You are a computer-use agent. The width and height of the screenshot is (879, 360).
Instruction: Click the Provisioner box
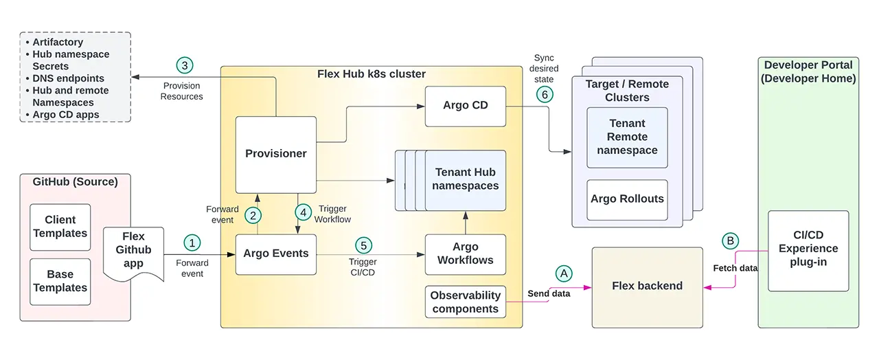[276, 155]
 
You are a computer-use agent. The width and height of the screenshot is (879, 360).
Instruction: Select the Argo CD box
[465, 106]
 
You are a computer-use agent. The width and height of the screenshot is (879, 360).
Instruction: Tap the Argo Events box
[276, 254]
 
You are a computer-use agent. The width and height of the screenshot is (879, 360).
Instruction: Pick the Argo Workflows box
[465, 254]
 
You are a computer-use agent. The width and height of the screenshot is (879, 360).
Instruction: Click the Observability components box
[465, 302]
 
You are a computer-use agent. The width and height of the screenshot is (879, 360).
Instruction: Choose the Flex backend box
[647, 286]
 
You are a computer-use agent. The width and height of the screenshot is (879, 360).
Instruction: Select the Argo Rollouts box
[627, 199]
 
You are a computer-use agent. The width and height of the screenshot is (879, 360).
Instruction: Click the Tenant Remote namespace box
[627, 137]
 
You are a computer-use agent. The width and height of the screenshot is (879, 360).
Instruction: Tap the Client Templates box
[60, 227]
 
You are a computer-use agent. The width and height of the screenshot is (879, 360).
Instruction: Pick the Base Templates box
[60, 282]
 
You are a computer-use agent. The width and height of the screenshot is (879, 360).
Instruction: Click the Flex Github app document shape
[133, 251]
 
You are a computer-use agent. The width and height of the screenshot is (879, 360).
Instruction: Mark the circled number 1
[192, 243]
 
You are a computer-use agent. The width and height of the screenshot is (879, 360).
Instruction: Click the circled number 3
[184, 66]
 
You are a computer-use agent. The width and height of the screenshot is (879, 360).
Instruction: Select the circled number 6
[545, 94]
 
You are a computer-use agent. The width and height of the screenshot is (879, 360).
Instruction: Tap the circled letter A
[564, 273]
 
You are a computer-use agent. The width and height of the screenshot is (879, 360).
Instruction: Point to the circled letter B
[731, 241]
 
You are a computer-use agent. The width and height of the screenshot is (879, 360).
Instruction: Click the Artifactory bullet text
[58, 43]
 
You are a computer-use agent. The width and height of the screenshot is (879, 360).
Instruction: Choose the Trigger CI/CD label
[362, 267]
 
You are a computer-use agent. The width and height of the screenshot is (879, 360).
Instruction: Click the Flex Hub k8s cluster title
[371, 74]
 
